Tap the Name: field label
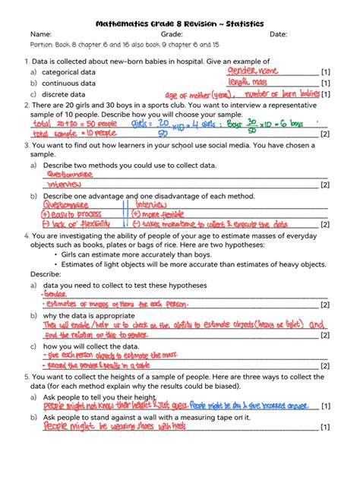pos(40,34)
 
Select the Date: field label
pos(278,34)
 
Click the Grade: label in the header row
pos(172,34)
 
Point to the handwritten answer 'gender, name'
pos(253,71)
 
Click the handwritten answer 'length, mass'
pos(249,82)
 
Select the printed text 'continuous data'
pos(68,84)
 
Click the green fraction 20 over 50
pos(162,126)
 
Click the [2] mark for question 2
pos(324,134)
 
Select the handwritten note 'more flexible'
pos(163,214)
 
